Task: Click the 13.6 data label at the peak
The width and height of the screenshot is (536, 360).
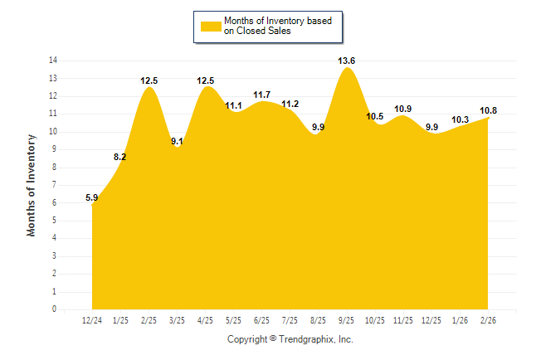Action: [x=348, y=61]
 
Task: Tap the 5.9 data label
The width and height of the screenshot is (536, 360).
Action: [x=92, y=197]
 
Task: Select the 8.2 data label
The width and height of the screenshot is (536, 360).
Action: [x=120, y=157]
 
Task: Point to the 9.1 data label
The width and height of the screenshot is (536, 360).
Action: [x=178, y=141]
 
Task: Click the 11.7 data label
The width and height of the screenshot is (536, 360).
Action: [x=262, y=95]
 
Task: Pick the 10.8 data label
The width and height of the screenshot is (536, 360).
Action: [x=489, y=110]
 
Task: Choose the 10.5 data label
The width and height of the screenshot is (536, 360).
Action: [x=375, y=116]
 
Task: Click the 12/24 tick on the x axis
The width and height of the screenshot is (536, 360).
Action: [x=92, y=320]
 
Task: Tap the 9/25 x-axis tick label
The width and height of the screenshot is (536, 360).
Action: [x=348, y=320]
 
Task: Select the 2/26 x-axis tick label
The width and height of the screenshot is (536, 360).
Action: [x=489, y=320]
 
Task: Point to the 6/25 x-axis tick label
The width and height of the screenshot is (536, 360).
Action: [x=262, y=320]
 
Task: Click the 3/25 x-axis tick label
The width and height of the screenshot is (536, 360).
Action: [x=178, y=320]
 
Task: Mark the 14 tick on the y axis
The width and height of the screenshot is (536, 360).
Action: [x=52, y=61]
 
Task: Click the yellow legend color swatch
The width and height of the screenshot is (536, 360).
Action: [x=211, y=26]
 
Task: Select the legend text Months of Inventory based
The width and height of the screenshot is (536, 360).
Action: [x=272, y=20]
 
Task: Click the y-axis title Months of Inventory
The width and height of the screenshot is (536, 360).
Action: [x=32, y=185]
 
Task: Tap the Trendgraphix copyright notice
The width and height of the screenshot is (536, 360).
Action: [x=290, y=339]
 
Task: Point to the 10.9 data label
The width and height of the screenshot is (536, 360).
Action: [x=404, y=109]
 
